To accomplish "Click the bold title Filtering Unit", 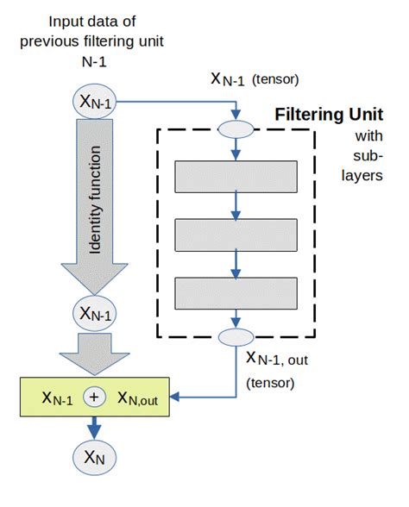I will (328, 115).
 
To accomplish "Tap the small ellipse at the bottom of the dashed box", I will (235, 336).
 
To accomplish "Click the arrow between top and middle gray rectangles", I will (235, 204).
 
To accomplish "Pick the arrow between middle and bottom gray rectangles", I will (235, 262).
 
